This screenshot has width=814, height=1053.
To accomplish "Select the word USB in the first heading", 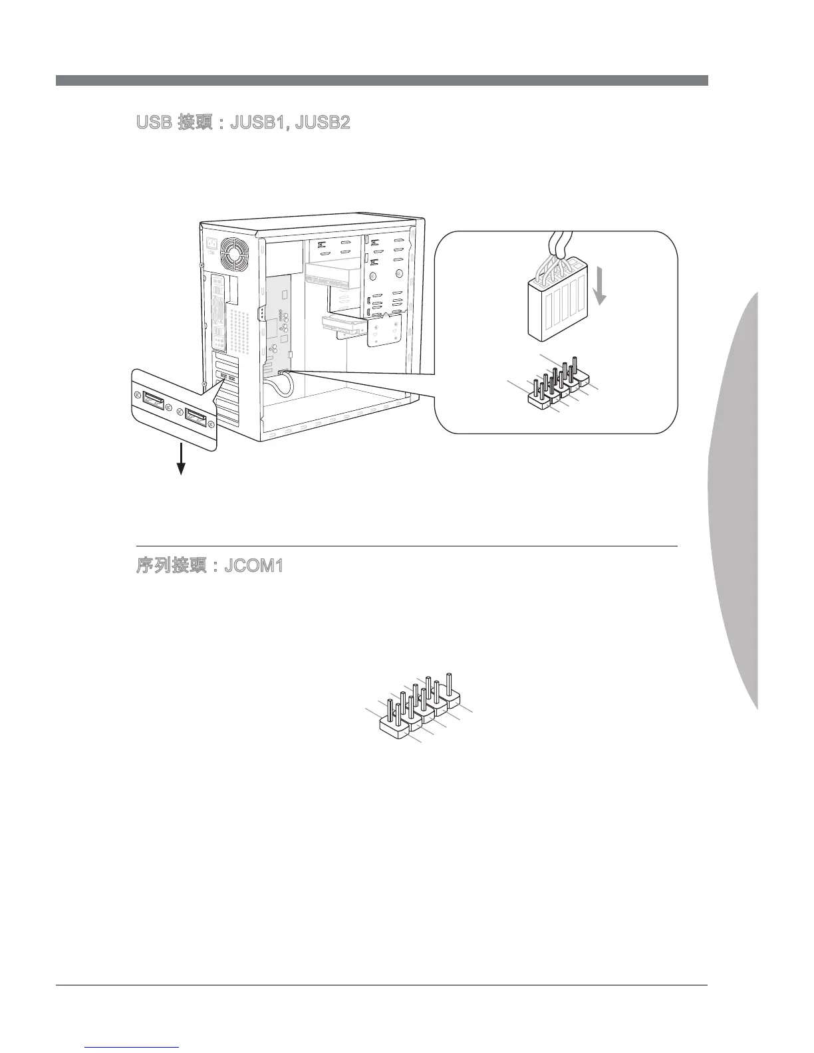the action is tap(152, 124).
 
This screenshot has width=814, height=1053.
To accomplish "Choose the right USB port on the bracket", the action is tap(196, 417).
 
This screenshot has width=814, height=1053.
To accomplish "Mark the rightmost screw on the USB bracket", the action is tap(211, 424).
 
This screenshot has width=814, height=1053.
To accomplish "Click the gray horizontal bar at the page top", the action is tap(382, 80).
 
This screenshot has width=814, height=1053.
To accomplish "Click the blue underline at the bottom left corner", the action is tap(132, 1048).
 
